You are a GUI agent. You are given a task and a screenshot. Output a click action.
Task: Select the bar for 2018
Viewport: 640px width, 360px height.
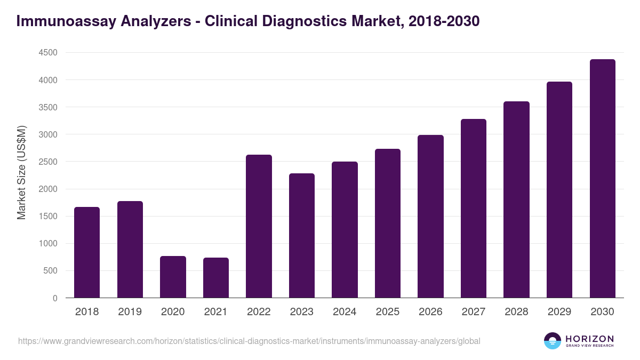[x=87, y=252]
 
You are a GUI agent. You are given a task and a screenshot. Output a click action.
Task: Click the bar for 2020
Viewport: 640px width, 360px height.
[x=173, y=277]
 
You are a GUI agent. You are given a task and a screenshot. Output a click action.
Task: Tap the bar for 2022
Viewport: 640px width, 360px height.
[x=259, y=226]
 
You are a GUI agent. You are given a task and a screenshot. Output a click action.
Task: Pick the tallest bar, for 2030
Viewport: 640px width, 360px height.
[x=602, y=179]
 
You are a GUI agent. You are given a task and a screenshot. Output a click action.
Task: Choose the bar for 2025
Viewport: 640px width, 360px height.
[x=387, y=223]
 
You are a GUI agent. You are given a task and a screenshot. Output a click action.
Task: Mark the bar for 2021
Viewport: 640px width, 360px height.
[x=216, y=278]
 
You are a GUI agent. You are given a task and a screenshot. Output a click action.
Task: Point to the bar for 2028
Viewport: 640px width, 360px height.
[x=516, y=199]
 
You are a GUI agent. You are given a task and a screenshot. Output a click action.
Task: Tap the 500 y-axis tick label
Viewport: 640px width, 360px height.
[x=50, y=271]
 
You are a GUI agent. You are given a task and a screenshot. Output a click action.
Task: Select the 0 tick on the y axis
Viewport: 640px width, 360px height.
[x=55, y=298]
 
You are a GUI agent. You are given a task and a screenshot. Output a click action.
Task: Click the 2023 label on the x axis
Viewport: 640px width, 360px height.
[x=301, y=312]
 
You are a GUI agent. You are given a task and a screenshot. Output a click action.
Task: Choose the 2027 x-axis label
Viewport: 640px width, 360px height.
[x=473, y=312]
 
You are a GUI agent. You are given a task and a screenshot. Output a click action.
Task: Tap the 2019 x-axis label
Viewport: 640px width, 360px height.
[x=130, y=312]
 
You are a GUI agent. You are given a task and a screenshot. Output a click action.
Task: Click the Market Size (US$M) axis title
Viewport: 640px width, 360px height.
[x=21, y=172]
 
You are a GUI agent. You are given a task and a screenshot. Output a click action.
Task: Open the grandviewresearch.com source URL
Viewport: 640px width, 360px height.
[x=249, y=341]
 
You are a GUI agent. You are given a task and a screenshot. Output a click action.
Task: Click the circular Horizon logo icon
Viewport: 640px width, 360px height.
[x=552, y=341]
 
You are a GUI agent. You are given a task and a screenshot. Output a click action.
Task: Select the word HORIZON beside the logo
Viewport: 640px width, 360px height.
[x=589, y=339]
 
